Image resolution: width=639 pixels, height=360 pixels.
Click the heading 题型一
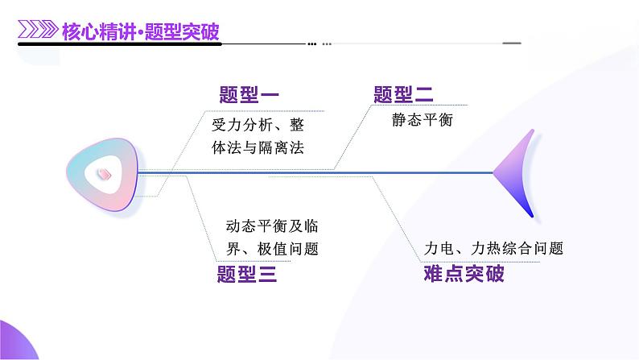[x=249, y=95]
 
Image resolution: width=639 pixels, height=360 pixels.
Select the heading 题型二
[x=403, y=95]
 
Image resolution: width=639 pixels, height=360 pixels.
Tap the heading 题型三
[x=247, y=275]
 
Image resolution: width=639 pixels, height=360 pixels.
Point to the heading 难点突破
[x=464, y=275]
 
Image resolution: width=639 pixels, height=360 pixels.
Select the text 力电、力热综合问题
[x=493, y=249]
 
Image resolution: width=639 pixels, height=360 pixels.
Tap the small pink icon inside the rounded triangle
[x=104, y=172]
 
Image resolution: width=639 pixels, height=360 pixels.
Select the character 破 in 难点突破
[x=494, y=275]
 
